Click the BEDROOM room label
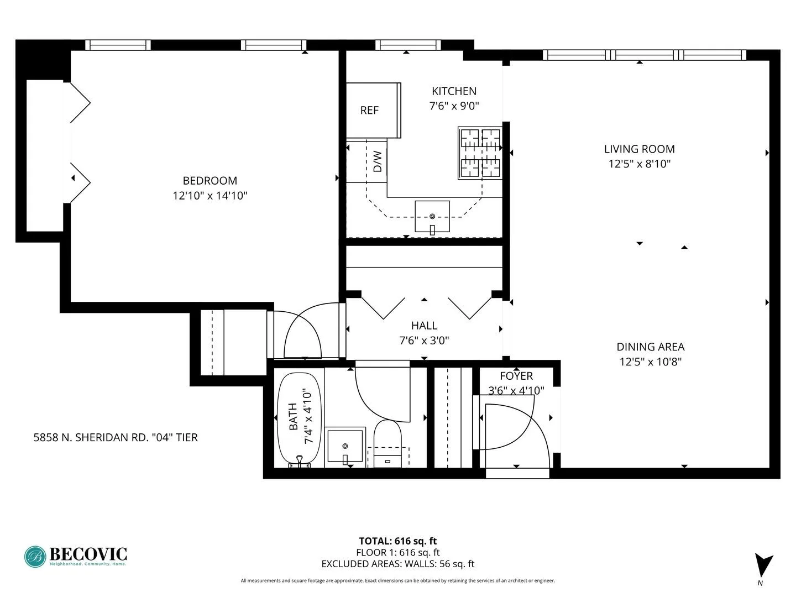(x=210, y=181)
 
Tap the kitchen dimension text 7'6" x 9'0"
(x=454, y=106)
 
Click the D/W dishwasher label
(x=378, y=161)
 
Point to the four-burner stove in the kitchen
(x=480, y=153)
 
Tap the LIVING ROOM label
(x=639, y=149)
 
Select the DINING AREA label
(x=650, y=347)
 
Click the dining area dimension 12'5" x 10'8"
(x=650, y=362)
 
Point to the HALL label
(x=424, y=326)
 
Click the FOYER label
(x=516, y=376)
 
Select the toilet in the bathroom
(x=387, y=439)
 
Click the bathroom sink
(x=345, y=446)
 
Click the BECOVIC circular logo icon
(x=35, y=557)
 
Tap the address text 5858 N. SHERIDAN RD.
(x=116, y=438)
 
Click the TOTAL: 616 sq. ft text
(x=397, y=541)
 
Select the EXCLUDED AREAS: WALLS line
(x=397, y=564)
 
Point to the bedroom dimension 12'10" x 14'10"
(x=210, y=196)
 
